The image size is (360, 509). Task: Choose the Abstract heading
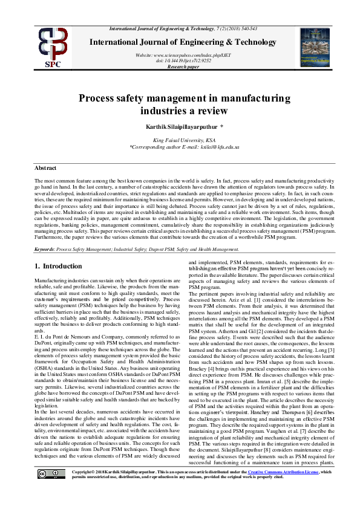[x=45, y=167]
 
